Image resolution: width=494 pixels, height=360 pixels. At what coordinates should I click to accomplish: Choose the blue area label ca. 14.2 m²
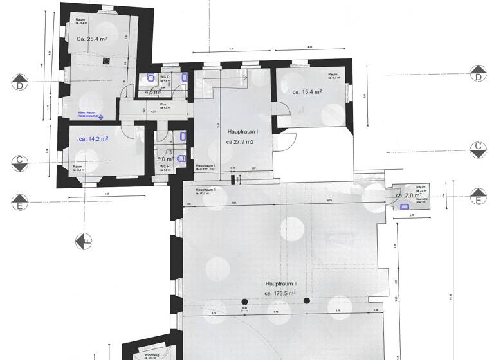pos(93,138)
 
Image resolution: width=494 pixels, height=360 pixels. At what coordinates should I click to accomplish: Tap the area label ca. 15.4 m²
pos(307,92)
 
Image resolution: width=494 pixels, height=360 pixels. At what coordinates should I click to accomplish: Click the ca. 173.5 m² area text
pos(280,293)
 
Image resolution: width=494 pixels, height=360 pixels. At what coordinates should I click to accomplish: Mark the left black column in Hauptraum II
pos(244,301)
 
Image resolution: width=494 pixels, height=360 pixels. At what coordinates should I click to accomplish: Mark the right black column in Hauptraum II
pos(307,301)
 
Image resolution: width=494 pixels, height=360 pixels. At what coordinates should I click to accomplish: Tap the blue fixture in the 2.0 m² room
pos(404,206)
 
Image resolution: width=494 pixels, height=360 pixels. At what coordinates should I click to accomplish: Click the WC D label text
pos(165,77)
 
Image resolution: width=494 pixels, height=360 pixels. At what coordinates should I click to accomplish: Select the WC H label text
pos(165,166)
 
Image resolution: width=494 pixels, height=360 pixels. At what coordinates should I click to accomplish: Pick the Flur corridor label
pos(154,104)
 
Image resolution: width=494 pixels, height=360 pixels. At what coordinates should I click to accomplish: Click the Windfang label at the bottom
pos(152,355)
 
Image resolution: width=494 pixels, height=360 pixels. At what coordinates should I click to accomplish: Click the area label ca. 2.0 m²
pos(408,195)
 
